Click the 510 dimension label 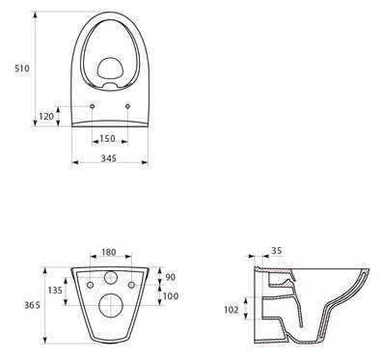[22, 69]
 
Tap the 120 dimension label [46, 116]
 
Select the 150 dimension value [107, 139]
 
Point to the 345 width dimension [109, 158]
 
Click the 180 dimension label [109, 252]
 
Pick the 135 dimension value [55, 291]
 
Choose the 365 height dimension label [33, 305]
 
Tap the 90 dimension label [170, 277]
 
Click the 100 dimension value [171, 295]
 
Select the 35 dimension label [276, 250]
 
